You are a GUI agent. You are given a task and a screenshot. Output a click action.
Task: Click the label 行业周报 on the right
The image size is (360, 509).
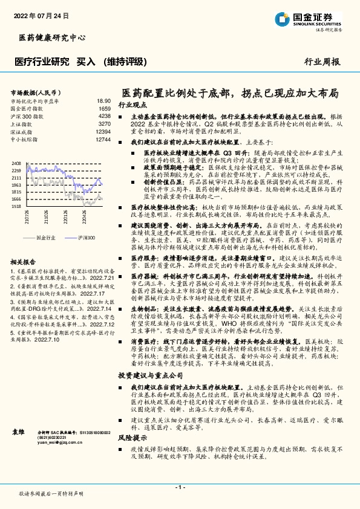(x=322, y=62)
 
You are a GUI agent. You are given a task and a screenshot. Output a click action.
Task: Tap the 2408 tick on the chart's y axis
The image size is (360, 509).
(x=16, y=163)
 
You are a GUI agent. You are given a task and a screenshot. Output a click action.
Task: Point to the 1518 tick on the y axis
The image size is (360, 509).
(x=16, y=206)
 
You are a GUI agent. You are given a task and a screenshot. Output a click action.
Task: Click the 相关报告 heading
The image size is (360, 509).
(x=25, y=262)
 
